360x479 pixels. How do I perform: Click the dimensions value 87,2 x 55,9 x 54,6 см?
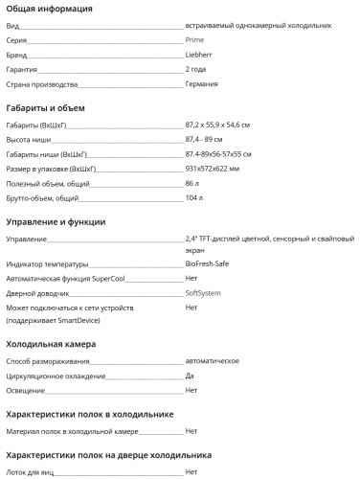224,126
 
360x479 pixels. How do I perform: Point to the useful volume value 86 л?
192,183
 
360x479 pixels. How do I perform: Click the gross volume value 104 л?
194,197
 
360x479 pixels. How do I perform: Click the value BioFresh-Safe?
211,264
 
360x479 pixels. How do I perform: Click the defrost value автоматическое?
212,360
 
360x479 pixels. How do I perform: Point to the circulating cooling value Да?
190,375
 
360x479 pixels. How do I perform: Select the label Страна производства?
42,84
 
